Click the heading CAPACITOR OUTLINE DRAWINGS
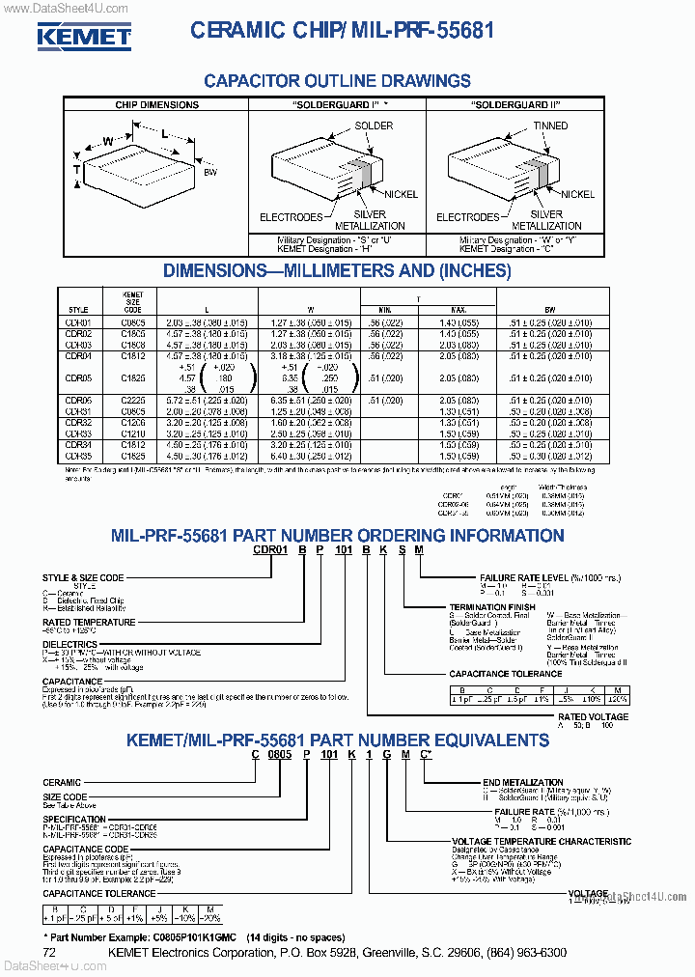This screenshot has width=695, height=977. pyautogui.click(x=338, y=81)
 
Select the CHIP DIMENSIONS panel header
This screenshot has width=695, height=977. pyautogui.click(x=156, y=104)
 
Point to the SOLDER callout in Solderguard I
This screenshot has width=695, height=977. pyautogui.click(x=374, y=126)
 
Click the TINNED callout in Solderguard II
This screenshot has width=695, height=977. pyautogui.click(x=550, y=126)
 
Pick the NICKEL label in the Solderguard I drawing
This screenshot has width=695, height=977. pyautogui.click(x=399, y=194)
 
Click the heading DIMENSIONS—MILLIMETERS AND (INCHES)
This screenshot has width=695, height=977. pyautogui.click(x=338, y=270)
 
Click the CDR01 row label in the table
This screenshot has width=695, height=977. pyautogui.click(x=77, y=321)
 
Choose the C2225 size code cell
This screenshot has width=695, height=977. pyautogui.click(x=133, y=400)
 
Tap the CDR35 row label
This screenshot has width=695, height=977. pyautogui.click(x=77, y=456)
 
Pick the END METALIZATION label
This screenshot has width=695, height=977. pyautogui.click(x=522, y=782)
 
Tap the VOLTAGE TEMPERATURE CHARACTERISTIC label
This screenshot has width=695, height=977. pyautogui.click(x=542, y=841)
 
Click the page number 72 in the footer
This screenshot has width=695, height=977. pyautogui.click(x=50, y=953)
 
